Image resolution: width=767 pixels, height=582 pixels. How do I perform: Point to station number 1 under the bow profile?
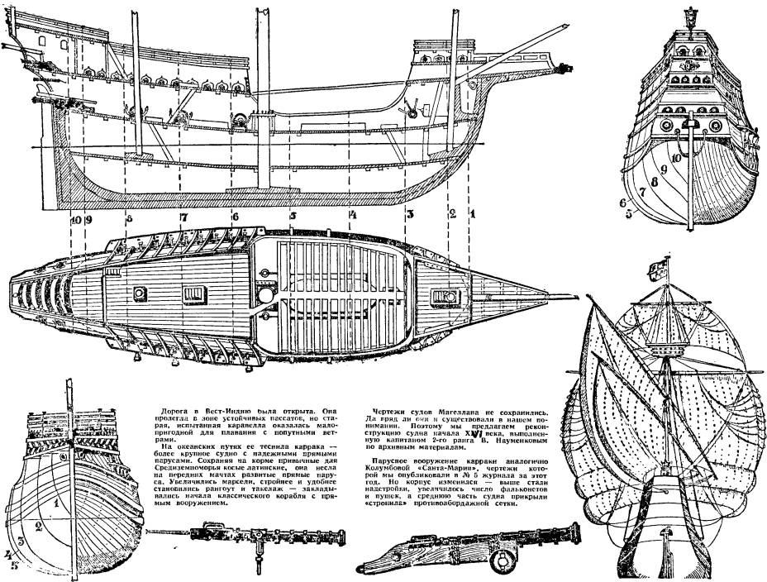473,212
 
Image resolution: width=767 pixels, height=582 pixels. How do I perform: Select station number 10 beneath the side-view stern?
76,220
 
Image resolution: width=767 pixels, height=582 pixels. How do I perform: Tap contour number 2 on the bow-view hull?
36,524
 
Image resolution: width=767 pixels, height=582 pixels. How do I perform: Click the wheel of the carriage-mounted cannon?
498,563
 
